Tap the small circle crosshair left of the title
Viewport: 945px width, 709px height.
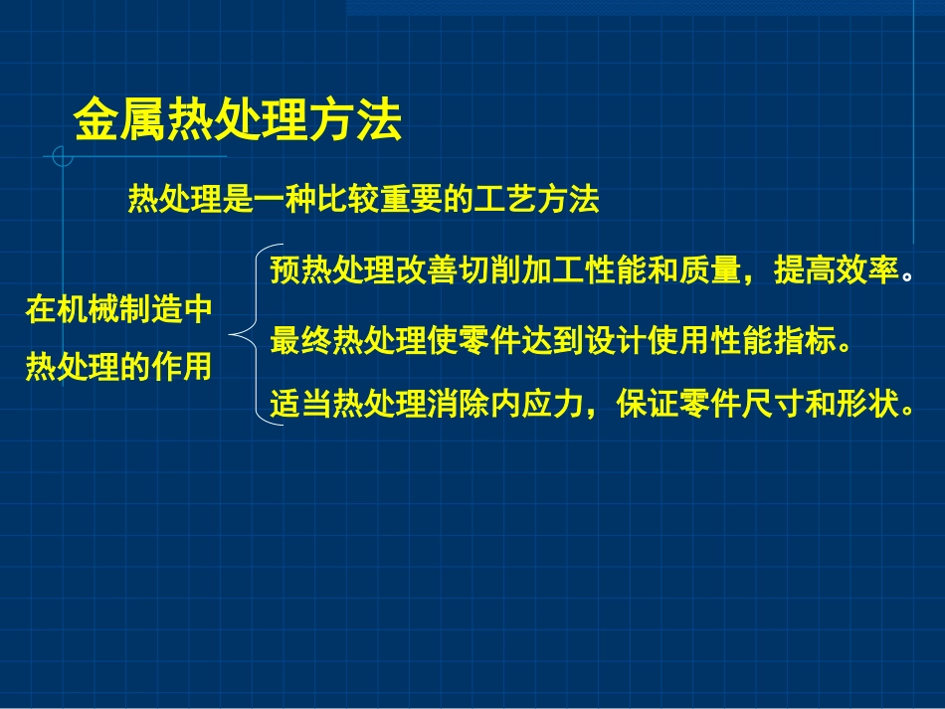63,156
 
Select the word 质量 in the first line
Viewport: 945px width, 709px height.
710,271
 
